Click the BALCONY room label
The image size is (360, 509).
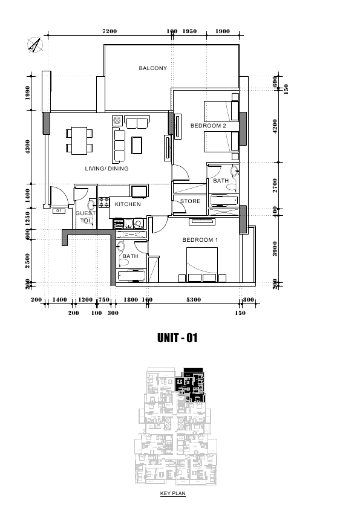pyautogui.click(x=152, y=68)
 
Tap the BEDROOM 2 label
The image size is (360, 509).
pyautogui.click(x=208, y=126)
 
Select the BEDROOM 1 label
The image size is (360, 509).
pyautogui.click(x=200, y=240)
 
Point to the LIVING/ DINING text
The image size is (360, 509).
pyautogui.click(x=106, y=169)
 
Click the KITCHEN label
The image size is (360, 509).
pyautogui.click(x=128, y=204)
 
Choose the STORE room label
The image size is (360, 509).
pyautogui.click(x=190, y=201)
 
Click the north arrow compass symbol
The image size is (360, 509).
pyautogui.click(x=35, y=45)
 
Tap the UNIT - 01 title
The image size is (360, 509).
pyautogui.click(x=177, y=338)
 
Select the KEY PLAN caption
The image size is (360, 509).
pyautogui.click(x=172, y=493)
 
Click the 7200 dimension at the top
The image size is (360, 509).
pyautogui.click(x=110, y=31)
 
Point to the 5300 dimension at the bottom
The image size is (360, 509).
pyautogui.click(x=194, y=300)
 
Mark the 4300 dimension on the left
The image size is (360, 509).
pyautogui.click(x=28, y=147)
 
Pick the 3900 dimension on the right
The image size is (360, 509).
pyautogui.click(x=275, y=248)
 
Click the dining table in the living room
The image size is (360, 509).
pyautogui.click(x=79, y=141)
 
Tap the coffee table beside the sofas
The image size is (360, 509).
pyautogui.click(x=137, y=145)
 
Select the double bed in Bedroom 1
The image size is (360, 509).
pyautogui.click(x=201, y=264)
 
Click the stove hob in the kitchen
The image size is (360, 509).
pyautogui.click(x=104, y=203)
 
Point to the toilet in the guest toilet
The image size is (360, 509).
pyautogui.click(x=91, y=204)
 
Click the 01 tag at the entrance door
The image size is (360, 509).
pyautogui.click(x=59, y=211)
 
